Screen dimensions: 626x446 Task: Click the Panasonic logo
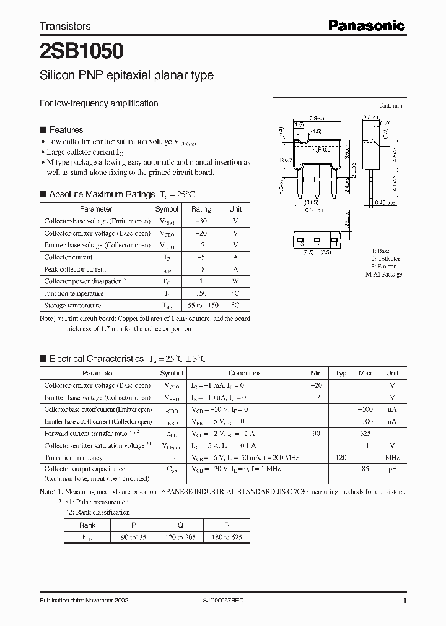click(366, 25)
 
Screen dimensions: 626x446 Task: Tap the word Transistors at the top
click(65, 26)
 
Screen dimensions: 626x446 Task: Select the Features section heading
click(66, 130)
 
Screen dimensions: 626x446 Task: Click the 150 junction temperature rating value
click(201, 293)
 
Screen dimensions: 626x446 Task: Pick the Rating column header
click(201, 209)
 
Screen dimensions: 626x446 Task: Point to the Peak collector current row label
click(75, 269)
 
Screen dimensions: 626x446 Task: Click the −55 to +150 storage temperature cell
click(201, 306)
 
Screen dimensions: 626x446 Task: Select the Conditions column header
click(245, 373)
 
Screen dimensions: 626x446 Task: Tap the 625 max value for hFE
click(365, 434)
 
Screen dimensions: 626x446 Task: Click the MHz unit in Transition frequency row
click(391, 458)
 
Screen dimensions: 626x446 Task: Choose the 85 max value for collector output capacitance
click(365, 469)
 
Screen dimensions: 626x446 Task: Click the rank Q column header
click(180, 525)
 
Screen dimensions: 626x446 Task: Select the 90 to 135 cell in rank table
click(133, 538)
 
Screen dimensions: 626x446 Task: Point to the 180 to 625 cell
click(227, 538)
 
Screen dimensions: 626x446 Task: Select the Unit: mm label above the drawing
click(390, 106)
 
